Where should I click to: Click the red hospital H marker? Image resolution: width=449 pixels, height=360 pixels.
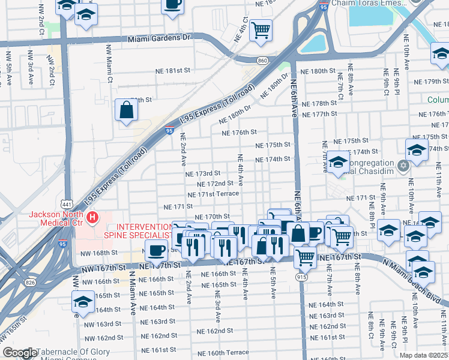pos(92,218)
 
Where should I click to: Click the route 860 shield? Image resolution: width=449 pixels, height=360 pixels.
pos(262,61)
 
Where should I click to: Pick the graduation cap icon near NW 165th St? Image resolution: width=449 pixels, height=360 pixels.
pos(83,301)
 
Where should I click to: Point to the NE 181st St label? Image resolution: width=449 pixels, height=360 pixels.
pos(169,70)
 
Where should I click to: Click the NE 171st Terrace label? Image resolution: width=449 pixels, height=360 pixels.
pos(212,194)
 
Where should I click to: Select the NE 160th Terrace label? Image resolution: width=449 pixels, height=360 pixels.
pos(220,352)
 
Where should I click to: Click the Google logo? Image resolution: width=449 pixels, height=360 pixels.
pos(20,353)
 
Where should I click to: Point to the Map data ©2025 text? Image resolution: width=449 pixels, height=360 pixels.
pos(423,355)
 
